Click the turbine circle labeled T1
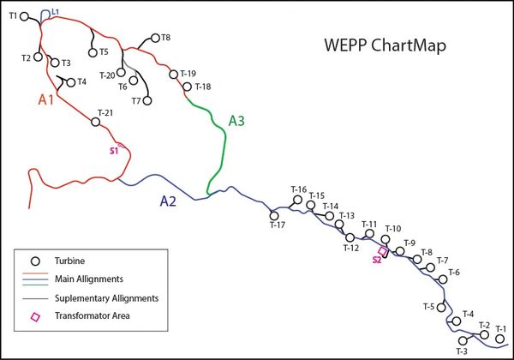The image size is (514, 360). [24, 16]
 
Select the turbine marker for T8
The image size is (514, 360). [155, 38]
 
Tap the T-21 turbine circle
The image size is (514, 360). [95, 122]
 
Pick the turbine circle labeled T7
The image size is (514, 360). [147, 100]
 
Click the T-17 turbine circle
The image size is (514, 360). [274, 216]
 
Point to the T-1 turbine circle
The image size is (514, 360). [499, 339]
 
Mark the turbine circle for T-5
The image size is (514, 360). [441, 308]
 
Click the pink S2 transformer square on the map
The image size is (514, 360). [383, 251]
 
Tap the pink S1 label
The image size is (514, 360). [113, 151]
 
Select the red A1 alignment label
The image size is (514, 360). [46, 99]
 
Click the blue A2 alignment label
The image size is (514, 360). [168, 201]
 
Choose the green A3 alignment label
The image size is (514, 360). [236, 121]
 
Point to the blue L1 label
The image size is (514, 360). [56, 12]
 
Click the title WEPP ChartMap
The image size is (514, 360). [385, 45]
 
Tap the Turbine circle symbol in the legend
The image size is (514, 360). [35, 261]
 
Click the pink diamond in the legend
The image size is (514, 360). [35, 317]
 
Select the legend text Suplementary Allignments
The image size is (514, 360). [106, 298]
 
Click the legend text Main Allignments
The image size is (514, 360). [89, 279]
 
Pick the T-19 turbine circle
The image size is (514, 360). [173, 75]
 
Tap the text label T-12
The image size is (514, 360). [351, 249]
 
